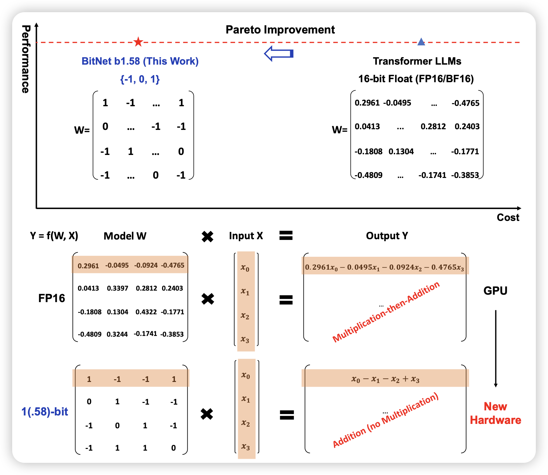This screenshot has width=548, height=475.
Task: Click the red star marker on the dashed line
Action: pyautogui.click(x=138, y=42)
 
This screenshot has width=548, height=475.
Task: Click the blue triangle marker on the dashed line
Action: pyautogui.click(x=421, y=42)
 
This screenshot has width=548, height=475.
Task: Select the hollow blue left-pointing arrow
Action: pyautogui.click(x=278, y=53)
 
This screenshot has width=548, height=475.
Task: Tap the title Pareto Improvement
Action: pyautogui.click(x=280, y=30)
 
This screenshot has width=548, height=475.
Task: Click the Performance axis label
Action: pyautogui.click(x=26, y=59)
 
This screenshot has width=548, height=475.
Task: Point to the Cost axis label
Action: pyautogui.click(x=508, y=217)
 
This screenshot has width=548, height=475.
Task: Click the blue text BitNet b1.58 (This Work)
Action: pyautogui.click(x=140, y=61)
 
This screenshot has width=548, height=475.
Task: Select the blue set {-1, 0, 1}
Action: pyautogui.click(x=140, y=79)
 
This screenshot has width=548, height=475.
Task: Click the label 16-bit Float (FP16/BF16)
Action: pyautogui.click(x=416, y=79)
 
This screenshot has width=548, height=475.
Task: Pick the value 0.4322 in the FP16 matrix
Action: pyautogui.click(x=146, y=312)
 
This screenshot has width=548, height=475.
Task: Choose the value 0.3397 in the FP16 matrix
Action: pyautogui.click(x=117, y=288)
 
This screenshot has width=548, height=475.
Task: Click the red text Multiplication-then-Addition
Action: pyautogui.click(x=386, y=312)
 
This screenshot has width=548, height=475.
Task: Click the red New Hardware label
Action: pyautogui.click(x=495, y=413)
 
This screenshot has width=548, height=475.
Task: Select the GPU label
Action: pyautogui.click(x=495, y=291)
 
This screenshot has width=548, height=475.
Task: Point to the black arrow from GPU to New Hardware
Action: pyautogui.click(x=496, y=348)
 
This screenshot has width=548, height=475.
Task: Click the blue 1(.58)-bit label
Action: pyautogui.click(x=45, y=411)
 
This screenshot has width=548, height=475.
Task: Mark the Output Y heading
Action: pyautogui.click(x=387, y=236)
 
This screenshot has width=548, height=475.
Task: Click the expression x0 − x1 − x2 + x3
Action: pyautogui.click(x=385, y=379)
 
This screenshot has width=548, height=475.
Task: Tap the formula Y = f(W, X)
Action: pyautogui.click(x=54, y=235)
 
